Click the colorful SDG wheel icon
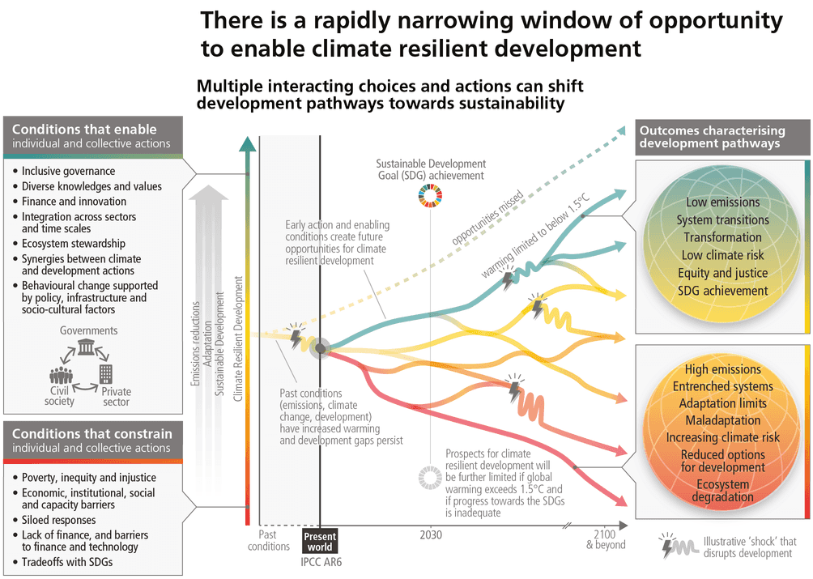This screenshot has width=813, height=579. (430, 197)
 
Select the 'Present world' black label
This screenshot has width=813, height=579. (320, 541)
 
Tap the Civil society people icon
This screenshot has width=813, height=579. (60, 377)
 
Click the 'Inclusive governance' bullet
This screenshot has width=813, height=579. (68, 171)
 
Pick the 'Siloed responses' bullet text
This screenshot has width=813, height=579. (58, 520)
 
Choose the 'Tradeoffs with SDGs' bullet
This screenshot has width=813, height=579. (67, 563)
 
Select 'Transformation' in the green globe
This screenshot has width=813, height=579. (722, 237)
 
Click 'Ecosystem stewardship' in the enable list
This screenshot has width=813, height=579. (73, 243)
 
